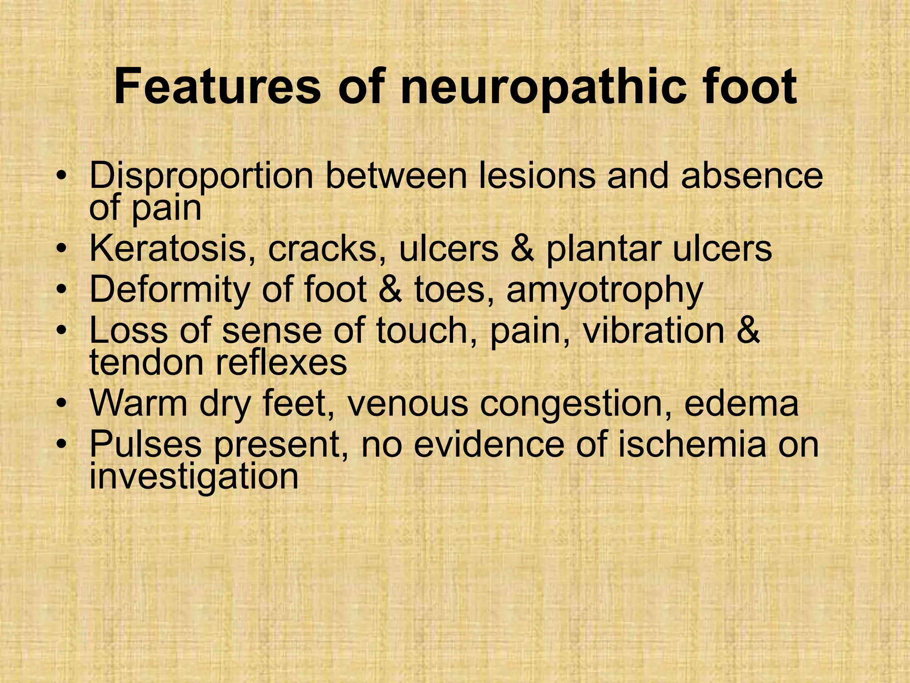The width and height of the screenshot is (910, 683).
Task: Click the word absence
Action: point(752,175)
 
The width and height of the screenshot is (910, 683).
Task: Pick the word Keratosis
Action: point(168,249)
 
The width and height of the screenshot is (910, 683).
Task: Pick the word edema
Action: point(741,403)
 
